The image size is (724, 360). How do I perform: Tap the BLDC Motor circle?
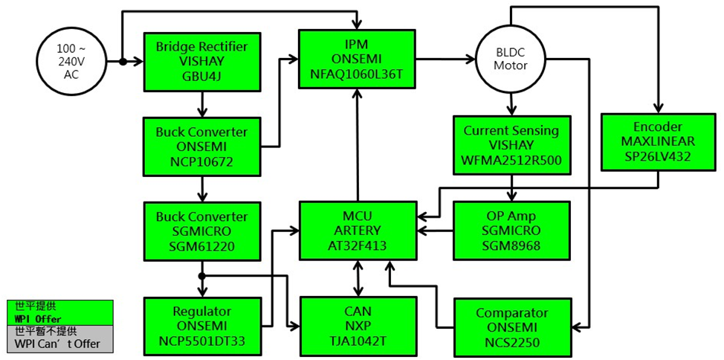[x=511, y=60]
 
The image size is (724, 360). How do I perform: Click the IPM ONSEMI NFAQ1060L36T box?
[x=357, y=59]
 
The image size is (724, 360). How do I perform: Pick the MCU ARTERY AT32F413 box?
[x=358, y=230]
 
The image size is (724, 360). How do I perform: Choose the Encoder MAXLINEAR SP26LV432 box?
[x=659, y=142]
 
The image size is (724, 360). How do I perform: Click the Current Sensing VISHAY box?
[x=511, y=145]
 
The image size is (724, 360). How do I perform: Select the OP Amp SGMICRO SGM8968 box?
[x=511, y=230]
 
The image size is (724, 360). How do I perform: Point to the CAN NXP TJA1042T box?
[x=358, y=327]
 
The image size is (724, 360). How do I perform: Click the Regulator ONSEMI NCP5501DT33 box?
[x=201, y=327]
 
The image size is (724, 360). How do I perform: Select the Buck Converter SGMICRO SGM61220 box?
[x=201, y=231]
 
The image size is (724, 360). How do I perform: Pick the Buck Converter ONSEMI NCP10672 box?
[x=201, y=147]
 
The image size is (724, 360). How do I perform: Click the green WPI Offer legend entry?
[x=60, y=312]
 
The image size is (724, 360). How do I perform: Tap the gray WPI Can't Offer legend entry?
[x=60, y=338]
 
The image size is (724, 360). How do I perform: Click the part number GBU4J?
[x=201, y=76]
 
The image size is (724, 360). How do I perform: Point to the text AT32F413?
[x=358, y=245]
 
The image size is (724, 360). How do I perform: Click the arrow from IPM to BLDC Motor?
[x=445, y=59]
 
